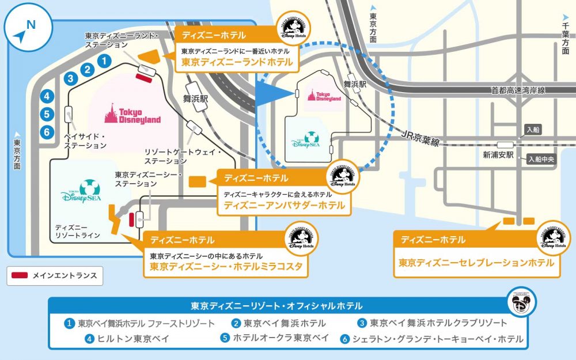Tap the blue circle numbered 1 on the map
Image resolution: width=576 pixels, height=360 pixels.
tap(104, 59)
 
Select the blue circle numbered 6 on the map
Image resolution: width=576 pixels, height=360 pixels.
tap(47, 131)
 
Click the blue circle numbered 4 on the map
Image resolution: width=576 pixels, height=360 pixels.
tap(47, 97)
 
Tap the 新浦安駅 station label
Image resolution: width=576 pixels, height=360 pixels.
tap(498, 156)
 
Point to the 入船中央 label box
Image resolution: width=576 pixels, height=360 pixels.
tap(540, 160)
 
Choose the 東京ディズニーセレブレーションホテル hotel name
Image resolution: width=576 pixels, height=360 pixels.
tap(476, 262)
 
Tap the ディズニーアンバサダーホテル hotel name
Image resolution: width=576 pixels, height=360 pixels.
tap(284, 205)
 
